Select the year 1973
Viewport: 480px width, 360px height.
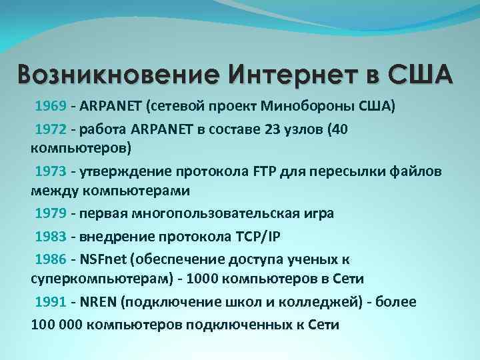(50, 171)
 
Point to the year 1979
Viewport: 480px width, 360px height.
(50, 213)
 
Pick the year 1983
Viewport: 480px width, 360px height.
(50, 236)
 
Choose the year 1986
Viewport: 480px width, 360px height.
(50, 259)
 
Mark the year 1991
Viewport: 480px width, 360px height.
(50, 301)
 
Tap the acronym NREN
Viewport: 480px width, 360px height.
(99, 301)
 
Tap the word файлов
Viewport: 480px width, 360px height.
(415, 171)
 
